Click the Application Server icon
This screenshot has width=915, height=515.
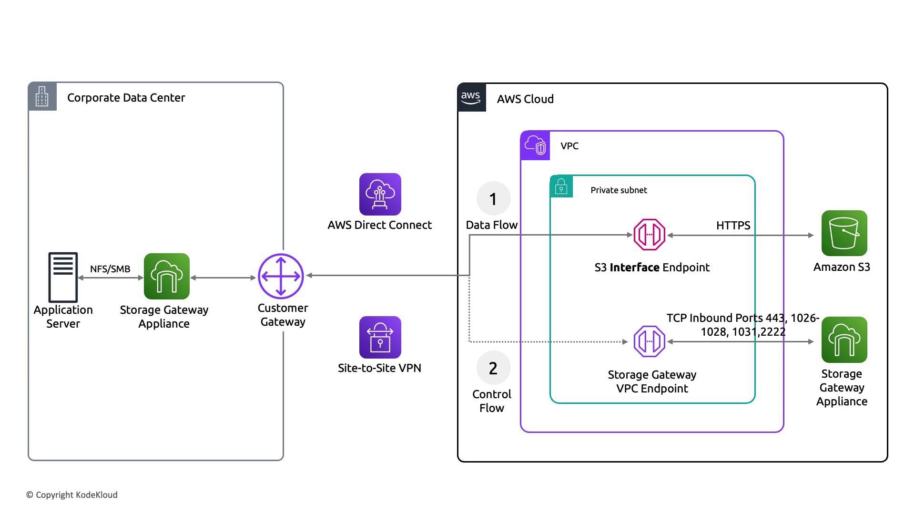(63, 277)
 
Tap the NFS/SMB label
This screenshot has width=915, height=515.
(110, 269)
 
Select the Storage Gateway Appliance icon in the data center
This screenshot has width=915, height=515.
(167, 276)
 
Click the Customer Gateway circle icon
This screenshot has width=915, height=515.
(281, 276)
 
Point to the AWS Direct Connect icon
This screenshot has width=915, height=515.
(380, 194)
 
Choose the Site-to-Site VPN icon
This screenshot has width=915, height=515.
(380, 337)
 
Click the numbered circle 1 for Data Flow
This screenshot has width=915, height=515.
(493, 198)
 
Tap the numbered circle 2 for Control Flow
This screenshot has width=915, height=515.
(493, 368)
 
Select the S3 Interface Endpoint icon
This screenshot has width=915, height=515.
(649, 235)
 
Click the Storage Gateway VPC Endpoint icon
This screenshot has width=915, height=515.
(649, 341)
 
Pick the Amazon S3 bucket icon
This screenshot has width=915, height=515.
(844, 233)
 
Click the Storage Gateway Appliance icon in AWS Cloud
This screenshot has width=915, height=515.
(844, 340)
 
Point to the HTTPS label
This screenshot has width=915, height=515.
(733, 226)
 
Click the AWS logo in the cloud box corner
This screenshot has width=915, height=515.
(471, 97)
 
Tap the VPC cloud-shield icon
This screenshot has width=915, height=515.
(535, 145)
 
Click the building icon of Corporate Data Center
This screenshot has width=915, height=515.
(42, 96)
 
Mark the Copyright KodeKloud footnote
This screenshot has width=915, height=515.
(72, 495)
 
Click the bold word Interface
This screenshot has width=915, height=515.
(634, 268)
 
